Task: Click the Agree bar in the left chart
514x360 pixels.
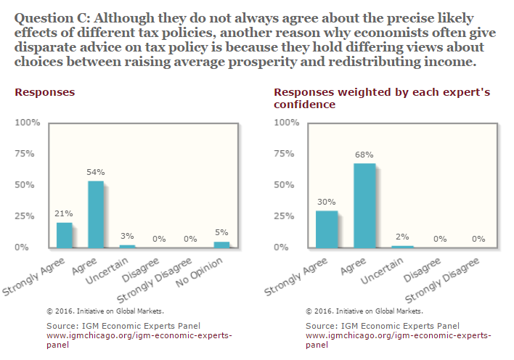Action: (96, 215)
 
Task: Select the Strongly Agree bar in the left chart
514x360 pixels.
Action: (64, 235)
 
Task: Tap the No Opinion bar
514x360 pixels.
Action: (221, 245)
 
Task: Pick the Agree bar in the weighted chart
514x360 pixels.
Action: (365, 206)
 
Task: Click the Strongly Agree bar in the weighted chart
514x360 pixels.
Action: (326, 229)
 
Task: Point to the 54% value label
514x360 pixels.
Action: (96, 172)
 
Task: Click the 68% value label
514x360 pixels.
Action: (364, 155)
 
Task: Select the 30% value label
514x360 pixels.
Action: (326, 202)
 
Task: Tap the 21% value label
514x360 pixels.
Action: (64, 213)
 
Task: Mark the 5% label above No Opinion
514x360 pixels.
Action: (221, 232)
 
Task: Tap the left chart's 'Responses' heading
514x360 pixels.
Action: (44, 93)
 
